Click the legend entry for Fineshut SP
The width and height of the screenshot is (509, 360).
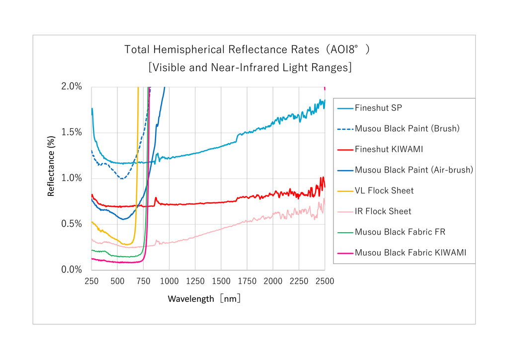click(378, 108)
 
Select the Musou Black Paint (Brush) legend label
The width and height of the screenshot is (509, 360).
click(407, 128)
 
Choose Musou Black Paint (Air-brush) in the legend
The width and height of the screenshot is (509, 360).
click(414, 170)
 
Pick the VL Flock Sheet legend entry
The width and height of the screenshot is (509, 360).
click(384, 190)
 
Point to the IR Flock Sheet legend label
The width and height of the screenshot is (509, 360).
click(383, 211)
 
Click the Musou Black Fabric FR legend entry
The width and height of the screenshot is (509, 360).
click(400, 232)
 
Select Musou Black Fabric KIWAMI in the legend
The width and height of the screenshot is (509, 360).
click(411, 253)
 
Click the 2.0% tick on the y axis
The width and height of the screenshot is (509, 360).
click(72, 87)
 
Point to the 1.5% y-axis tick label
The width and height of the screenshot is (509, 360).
click(72, 132)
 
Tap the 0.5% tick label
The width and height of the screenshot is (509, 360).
click(72, 224)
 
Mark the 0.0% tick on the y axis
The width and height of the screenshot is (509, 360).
click(72, 270)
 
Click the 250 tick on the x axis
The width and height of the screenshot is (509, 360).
click(91, 281)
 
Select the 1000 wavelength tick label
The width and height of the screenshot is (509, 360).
click(169, 281)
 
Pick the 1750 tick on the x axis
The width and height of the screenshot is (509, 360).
click(247, 281)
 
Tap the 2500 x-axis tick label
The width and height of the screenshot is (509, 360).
click(325, 281)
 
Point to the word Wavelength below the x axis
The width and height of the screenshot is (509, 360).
click(190, 299)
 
